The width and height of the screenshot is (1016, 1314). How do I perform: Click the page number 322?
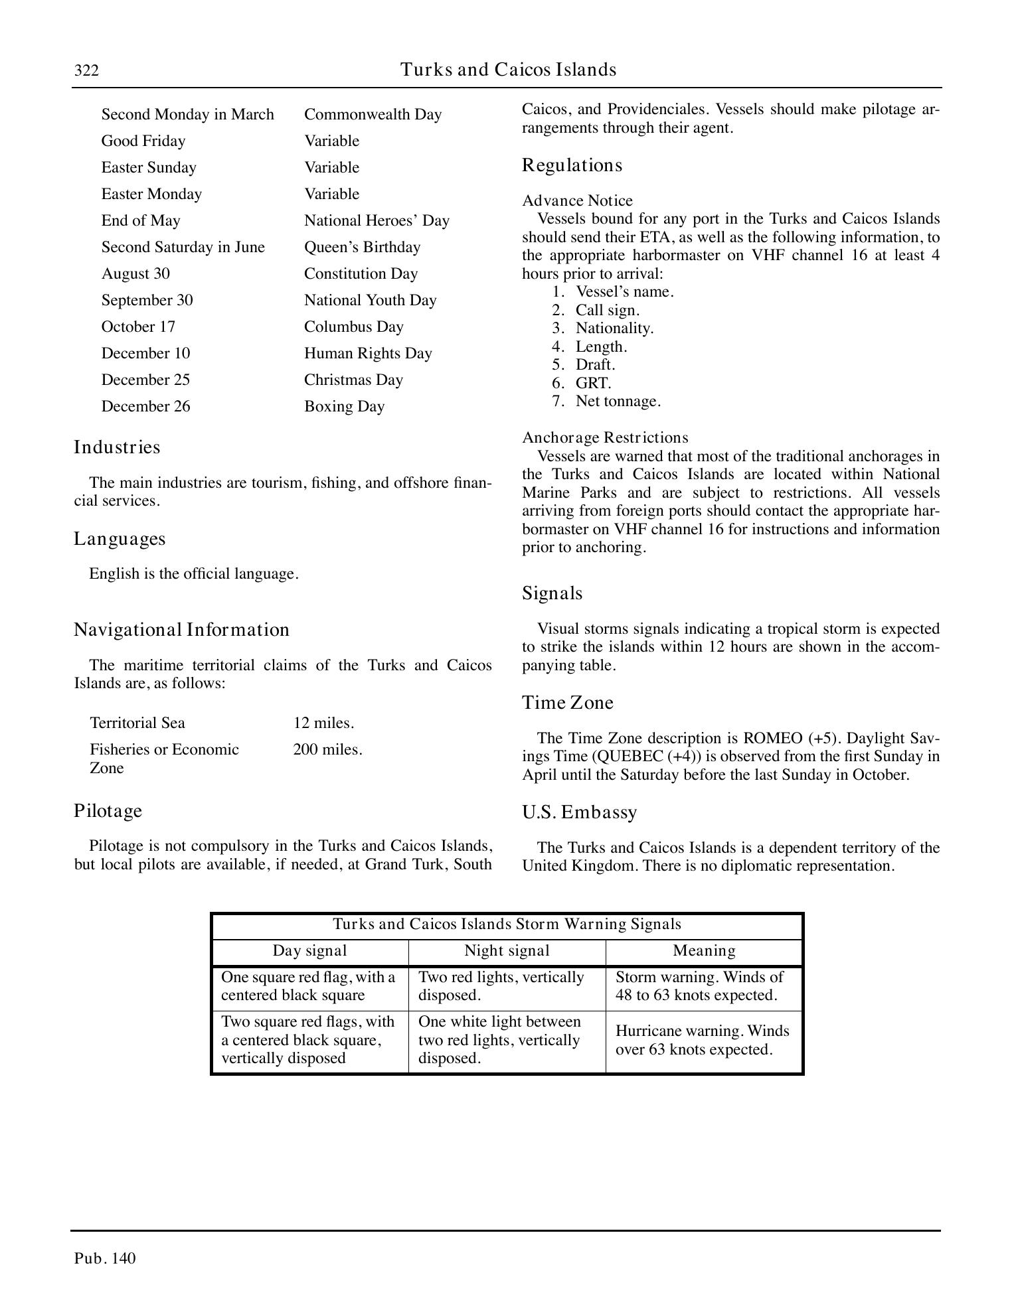pyautogui.click(x=86, y=70)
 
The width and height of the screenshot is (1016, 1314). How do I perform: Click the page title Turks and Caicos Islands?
pyautogui.click(x=508, y=70)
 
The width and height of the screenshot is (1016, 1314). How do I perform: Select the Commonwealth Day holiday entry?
pyautogui.click(x=373, y=114)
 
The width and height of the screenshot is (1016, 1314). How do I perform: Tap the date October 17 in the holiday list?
pyautogui.click(x=138, y=327)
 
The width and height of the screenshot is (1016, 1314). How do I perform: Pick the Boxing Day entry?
pyautogui.click(x=344, y=406)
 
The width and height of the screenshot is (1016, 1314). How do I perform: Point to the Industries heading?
pyautogui.click(x=117, y=447)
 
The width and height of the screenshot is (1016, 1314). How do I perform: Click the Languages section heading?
pyautogui.click(x=120, y=539)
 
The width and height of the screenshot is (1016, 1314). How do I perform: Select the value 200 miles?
pyautogui.click(x=327, y=749)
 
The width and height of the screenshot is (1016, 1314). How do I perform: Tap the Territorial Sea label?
pyautogui.click(x=137, y=723)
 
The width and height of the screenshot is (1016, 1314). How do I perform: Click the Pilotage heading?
pyautogui.click(x=108, y=811)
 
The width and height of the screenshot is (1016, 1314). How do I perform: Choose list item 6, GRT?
pyautogui.click(x=592, y=383)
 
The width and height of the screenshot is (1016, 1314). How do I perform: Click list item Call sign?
pyautogui.click(x=607, y=310)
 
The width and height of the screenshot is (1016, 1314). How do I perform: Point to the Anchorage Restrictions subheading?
pyautogui.click(x=605, y=437)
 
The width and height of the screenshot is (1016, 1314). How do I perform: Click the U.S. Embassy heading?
pyautogui.click(x=580, y=812)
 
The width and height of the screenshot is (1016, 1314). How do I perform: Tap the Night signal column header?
pyautogui.click(x=507, y=950)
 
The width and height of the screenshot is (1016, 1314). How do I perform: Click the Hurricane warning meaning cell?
pyautogui.click(x=703, y=1040)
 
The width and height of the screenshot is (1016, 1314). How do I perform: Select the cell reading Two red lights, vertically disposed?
pyautogui.click(x=501, y=986)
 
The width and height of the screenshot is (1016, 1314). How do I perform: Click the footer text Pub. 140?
pyautogui.click(x=105, y=1258)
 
